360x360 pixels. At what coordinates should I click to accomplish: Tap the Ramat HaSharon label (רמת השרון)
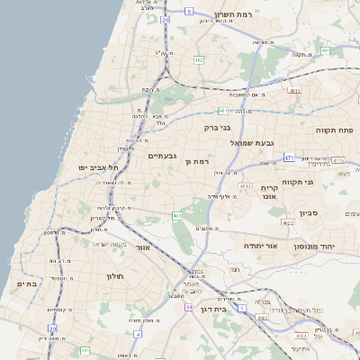[236, 15]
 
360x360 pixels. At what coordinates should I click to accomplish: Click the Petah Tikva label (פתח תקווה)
[335, 130]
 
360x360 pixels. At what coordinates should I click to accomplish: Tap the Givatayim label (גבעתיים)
[162, 156]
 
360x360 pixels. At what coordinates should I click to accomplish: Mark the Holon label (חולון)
[113, 276]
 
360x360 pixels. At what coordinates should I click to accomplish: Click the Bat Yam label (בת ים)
[26, 283]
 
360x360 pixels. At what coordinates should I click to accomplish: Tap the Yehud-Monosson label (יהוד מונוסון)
[339, 245]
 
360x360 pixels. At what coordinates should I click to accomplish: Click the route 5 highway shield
[189, 11]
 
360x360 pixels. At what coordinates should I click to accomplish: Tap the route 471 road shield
[289, 157]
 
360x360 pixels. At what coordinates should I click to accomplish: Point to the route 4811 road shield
[295, 91]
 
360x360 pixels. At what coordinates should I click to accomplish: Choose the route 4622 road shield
[288, 222]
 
